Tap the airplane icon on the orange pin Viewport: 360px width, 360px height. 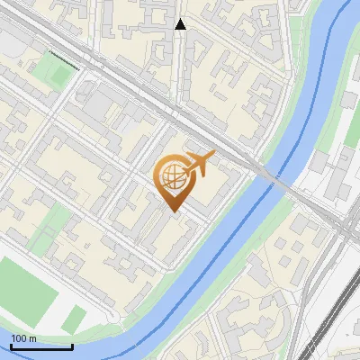coord(199,165)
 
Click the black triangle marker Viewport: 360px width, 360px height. coord(180,24)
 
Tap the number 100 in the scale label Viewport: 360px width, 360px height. coord(19,338)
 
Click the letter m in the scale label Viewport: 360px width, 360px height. coord(32,338)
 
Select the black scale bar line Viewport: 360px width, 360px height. coord(41,346)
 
